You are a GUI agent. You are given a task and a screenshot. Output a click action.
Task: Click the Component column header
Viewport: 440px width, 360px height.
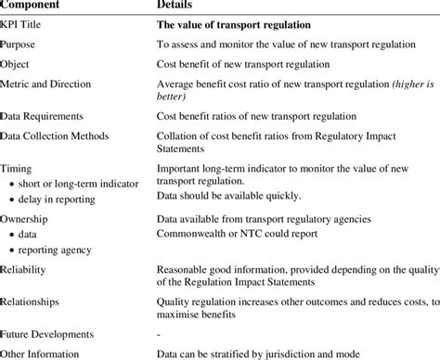point(37,6)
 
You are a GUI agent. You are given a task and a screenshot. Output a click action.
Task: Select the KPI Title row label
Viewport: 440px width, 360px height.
point(27,24)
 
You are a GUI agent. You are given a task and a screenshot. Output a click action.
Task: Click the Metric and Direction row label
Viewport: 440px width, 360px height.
point(47,84)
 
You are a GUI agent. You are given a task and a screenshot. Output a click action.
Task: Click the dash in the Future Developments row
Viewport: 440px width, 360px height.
point(158,333)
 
